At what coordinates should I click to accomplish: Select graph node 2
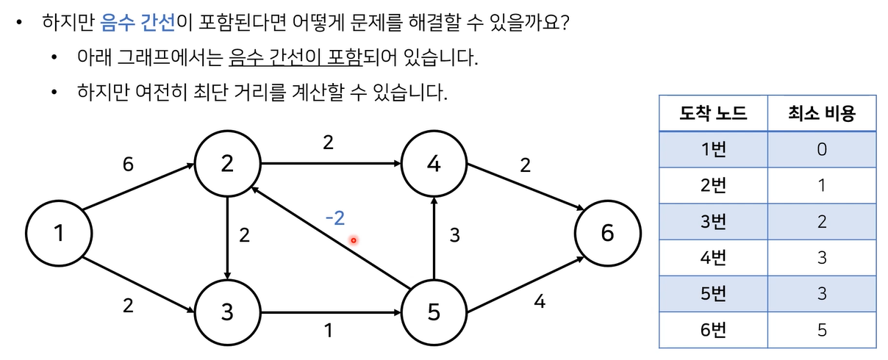pyautogui.click(x=227, y=164)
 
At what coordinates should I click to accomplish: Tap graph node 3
pyautogui.click(x=227, y=312)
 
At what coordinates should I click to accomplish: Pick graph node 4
pyautogui.click(x=434, y=164)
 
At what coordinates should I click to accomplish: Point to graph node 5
pyautogui.click(x=434, y=312)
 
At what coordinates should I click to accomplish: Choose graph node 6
pyautogui.click(x=606, y=234)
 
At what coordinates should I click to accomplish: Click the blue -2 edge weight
pyautogui.click(x=335, y=217)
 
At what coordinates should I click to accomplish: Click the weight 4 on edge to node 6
pyautogui.click(x=540, y=302)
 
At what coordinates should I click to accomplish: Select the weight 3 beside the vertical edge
pyautogui.click(x=455, y=235)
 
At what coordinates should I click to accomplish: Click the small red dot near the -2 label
pyautogui.click(x=354, y=240)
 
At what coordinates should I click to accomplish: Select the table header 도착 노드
pyautogui.click(x=713, y=114)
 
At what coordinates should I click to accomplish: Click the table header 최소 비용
pyautogui.click(x=822, y=114)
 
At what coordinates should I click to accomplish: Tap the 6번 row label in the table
pyautogui.click(x=713, y=329)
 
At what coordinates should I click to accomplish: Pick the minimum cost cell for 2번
pyautogui.click(x=822, y=185)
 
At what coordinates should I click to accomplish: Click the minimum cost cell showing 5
pyautogui.click(x=822, y=329)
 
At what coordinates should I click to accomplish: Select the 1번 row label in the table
pyautogui.click(x=713, y=149)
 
